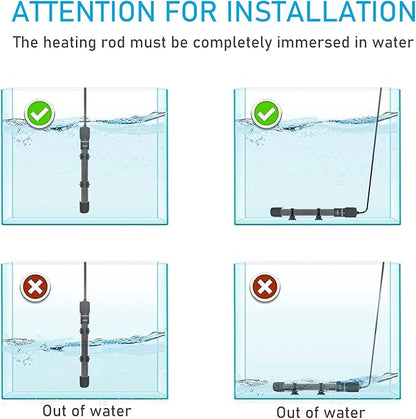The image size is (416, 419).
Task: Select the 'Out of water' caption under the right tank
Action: coord(318,409)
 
